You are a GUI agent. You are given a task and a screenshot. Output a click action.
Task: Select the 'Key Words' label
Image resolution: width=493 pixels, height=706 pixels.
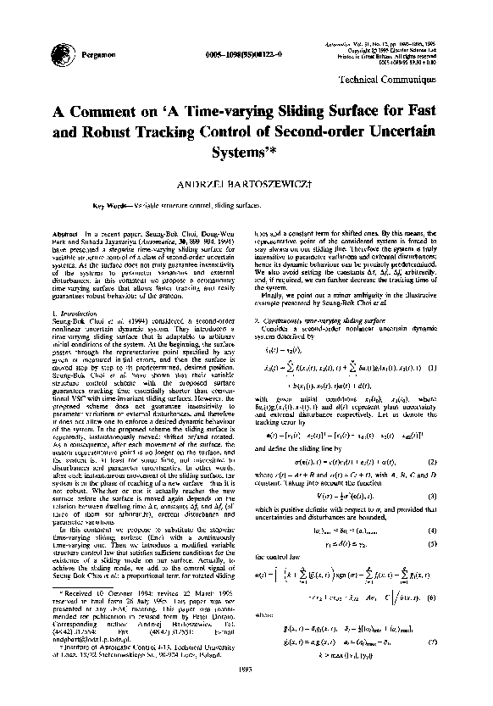(108, 206)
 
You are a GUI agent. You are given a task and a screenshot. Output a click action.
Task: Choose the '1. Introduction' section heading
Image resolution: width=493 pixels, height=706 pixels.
(75, 314)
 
